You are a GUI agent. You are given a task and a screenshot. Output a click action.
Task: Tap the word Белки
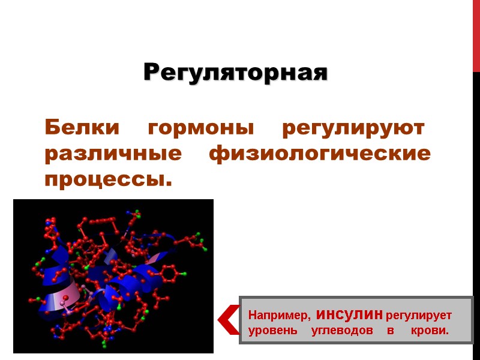[x=81, y=128]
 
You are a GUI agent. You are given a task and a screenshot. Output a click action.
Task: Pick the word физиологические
[x=319, y=154]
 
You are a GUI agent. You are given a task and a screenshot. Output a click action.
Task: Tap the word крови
[x=430, y=331]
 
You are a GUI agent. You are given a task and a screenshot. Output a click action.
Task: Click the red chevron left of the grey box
[x=228, y=319]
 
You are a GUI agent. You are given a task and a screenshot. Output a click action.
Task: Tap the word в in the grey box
[x=389, y=331]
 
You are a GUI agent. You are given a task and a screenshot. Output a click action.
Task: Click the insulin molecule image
[x=113, y=276]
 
